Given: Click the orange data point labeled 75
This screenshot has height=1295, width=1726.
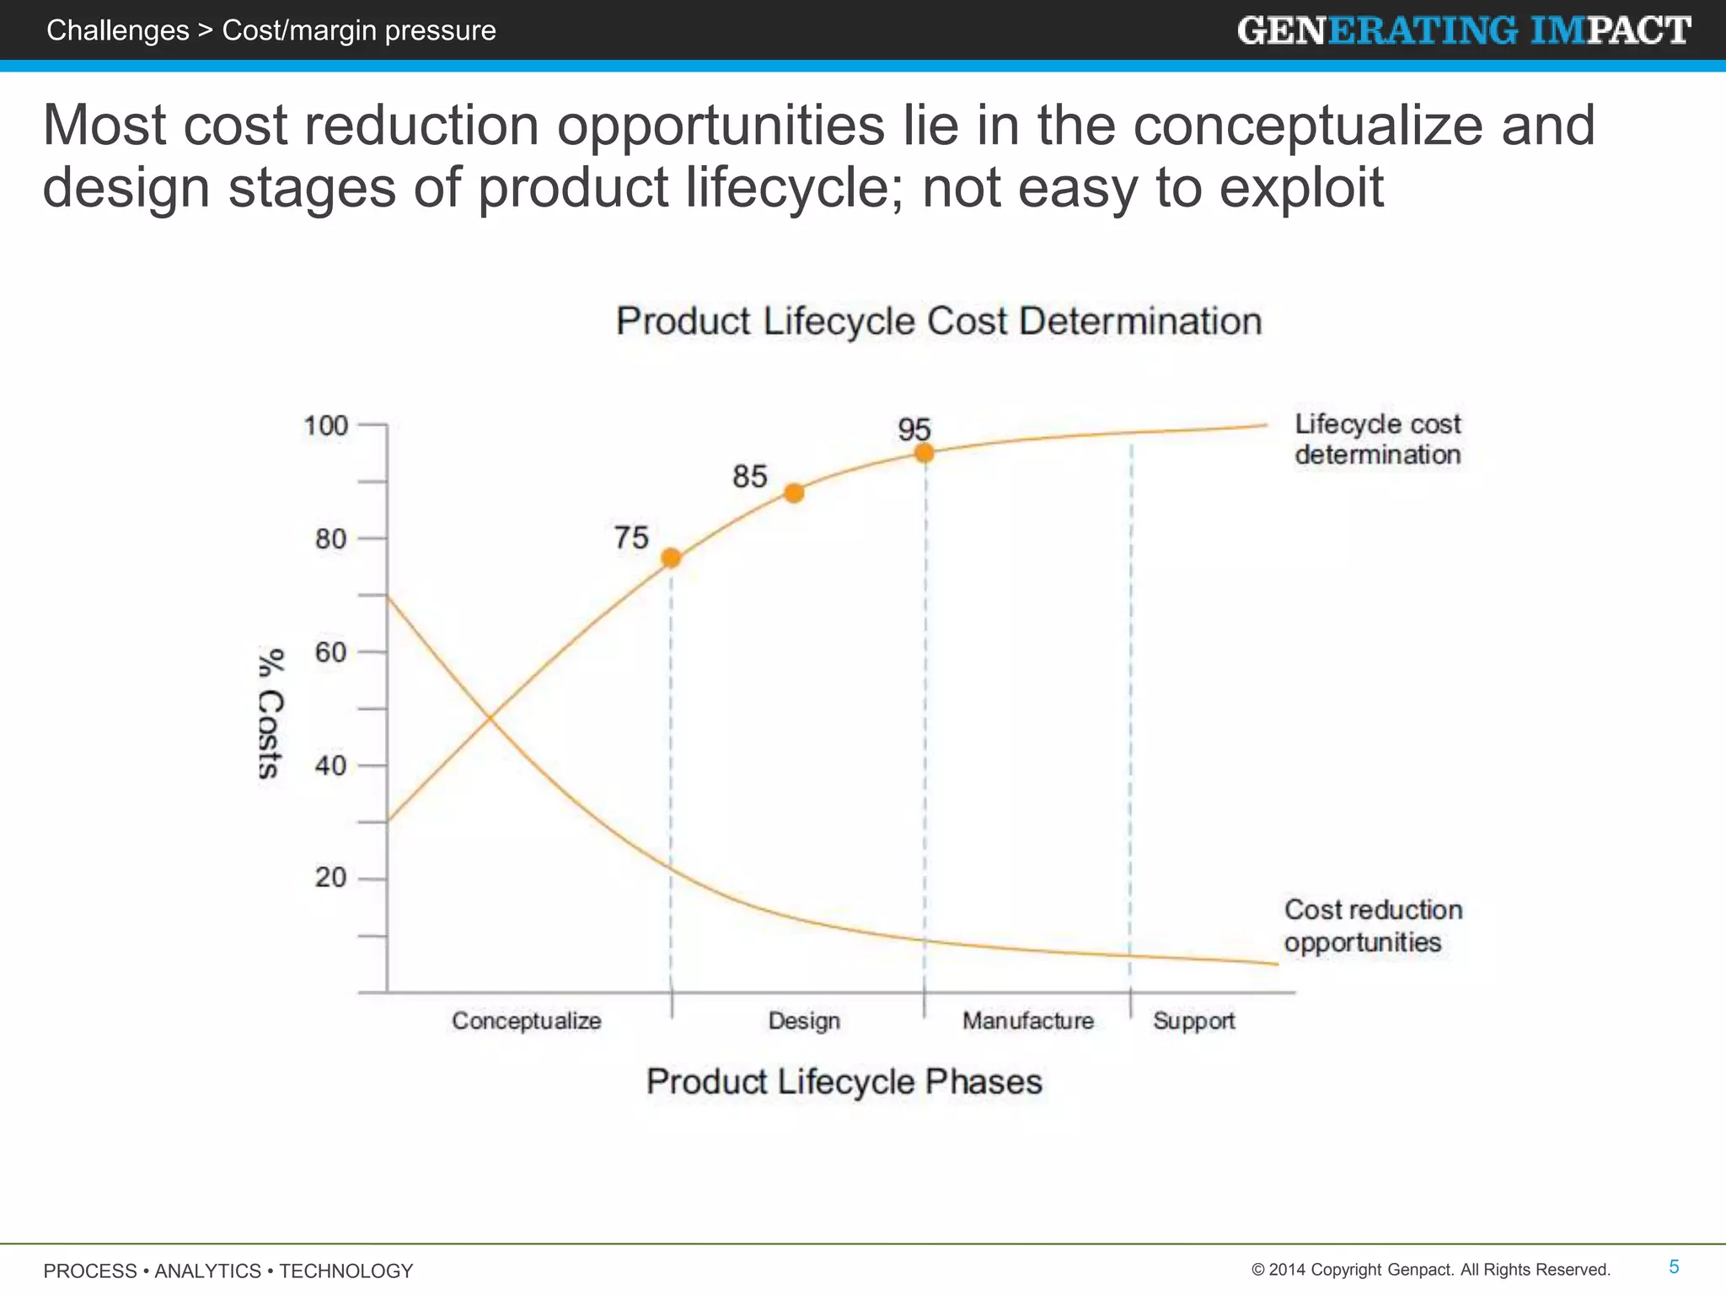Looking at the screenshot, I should click(x=671, y=558).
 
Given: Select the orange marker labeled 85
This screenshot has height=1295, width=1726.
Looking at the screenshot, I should click(x=794, y=493).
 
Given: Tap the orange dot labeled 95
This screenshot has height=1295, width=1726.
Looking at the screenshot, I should click(x=925, y=454).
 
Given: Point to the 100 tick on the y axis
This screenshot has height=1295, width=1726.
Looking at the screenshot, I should click(x=326, y=426).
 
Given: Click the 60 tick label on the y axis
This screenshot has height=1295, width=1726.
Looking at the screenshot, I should click(x=331, y=653).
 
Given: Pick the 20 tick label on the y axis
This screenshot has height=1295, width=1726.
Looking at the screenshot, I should click(x=331, y=879).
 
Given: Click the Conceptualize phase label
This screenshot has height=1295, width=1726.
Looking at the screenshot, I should click(x=527, y=1021).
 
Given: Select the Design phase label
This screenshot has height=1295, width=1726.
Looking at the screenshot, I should click(x=804, y=1021).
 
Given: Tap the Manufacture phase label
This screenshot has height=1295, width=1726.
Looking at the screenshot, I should click(x=1028, y=1021).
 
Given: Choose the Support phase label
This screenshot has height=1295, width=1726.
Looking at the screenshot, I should click(x=1193, y=1021).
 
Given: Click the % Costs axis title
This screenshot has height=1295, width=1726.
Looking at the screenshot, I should click(x=271, y=713).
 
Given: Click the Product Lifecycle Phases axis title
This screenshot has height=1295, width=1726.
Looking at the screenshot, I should click(x=844, y=1082).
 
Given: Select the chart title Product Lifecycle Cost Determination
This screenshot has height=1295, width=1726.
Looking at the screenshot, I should click(x=939, y=322).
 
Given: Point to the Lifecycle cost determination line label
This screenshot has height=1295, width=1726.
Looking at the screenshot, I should click(x=1377, y=439).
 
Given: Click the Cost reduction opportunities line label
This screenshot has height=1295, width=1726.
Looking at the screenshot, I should click(x=1373, y=926).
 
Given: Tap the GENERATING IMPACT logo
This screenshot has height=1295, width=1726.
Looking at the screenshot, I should click(x=1464, y=31).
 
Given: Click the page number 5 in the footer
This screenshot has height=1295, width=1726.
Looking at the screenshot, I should click(x=1674, y=1267).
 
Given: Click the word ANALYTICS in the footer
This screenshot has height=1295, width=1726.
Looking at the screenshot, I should click(x=208, y=1271).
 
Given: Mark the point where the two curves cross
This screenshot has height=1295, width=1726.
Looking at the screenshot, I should click(x=490, y=717).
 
